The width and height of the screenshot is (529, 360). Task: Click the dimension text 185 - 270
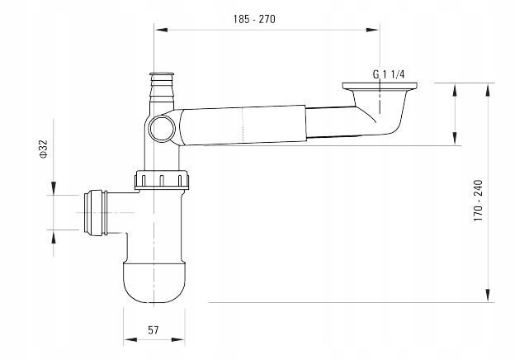(x=254, y=19)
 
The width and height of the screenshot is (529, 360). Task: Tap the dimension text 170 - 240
(x=478, y=201)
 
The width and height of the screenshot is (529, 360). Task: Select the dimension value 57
(x=154, y=330)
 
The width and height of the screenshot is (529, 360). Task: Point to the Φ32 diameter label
(x=44, y=149)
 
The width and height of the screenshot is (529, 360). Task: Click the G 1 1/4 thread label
(x=389, y=74)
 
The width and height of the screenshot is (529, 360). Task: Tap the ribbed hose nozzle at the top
(x=162, y=87)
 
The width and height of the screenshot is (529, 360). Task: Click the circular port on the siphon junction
(x=163, y=128)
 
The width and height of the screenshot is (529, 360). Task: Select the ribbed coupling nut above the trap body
(x=162, y=180)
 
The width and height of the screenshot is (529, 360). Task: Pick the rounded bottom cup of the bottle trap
(x=154, y=282)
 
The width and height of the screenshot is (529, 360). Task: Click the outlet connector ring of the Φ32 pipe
(x=96, y=212)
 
